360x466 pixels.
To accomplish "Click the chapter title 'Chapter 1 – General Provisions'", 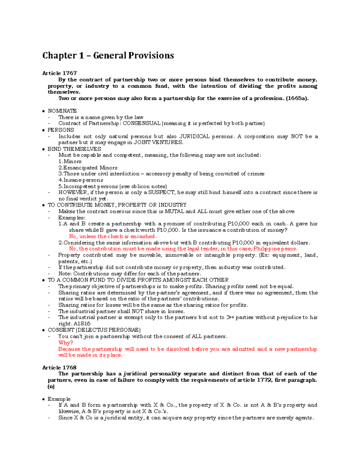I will tap(108, 56).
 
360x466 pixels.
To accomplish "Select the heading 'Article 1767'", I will tap(59, 73).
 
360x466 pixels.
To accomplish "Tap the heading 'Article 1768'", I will tap(59, 368).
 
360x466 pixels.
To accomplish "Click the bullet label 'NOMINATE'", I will tap(62, 111).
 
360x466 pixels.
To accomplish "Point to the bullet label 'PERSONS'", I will tap(61, 130).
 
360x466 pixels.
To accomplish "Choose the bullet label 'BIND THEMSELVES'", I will tap(74, 149).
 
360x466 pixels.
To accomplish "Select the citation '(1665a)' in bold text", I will tap(297, 98).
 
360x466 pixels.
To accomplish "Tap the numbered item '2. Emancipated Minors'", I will tap(88, 168).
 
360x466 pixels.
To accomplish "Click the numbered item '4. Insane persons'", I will tap(81, 180).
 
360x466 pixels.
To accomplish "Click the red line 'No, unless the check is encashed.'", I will tap(113, 236).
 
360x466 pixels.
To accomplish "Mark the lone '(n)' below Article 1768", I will tap(51, 386).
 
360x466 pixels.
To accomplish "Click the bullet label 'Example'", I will tap(59, 399).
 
